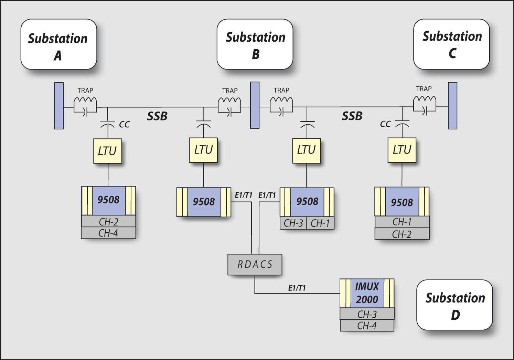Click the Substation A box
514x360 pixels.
point(58,44)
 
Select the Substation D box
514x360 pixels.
point(454,305)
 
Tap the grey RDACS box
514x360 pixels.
point(255,264)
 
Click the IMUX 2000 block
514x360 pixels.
point(367,293)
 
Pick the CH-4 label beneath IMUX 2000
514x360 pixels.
point(367,326)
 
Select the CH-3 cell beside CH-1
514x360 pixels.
point(293,223)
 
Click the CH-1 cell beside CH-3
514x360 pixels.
point(320,223)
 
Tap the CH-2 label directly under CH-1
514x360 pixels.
point(402,234)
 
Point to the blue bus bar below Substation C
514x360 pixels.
point(452,106)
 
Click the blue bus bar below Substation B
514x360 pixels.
point(255,105)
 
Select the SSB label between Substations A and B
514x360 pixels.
point(157,116)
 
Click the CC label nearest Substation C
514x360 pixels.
point(385,124)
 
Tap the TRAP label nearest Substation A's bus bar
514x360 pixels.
point(85,91)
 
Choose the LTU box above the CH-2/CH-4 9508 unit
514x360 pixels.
point(108,151)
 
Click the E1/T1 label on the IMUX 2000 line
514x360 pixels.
point(297,288)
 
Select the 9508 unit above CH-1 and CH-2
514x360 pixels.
point(402,202)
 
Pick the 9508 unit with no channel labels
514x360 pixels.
point(204,202)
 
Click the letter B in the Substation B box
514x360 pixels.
point(255,54)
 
